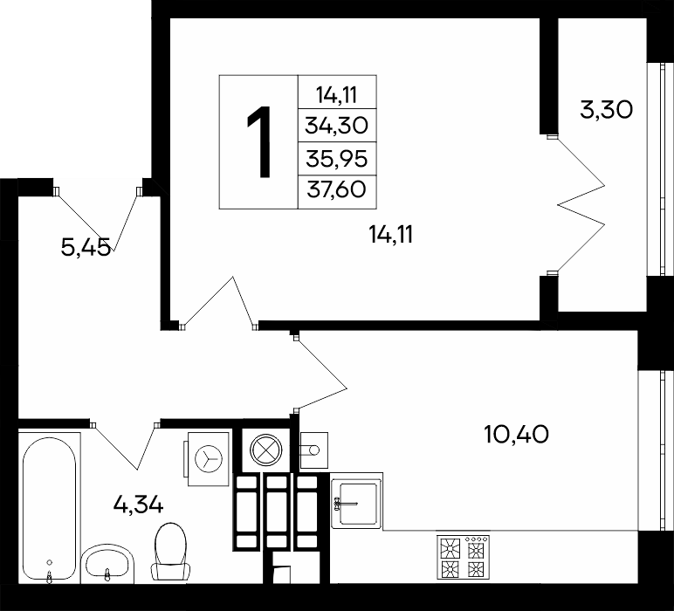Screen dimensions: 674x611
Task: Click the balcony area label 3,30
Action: click(x=606, y=110)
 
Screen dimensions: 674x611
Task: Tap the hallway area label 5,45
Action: click(x=86, y=247)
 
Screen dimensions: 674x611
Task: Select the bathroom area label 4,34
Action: click(x=138, y=504)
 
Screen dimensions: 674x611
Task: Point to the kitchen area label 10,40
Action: click(x=516, y=434)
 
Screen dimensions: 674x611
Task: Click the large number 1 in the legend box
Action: click(x=259, y=141)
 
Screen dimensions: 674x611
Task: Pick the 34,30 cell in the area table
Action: click(x=337, y=126)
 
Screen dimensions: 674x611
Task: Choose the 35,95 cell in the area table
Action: click(x=337, y=159)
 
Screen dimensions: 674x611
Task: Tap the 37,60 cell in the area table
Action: click(x=337, y=192)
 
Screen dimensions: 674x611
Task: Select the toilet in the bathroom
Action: click(x=170, y=553)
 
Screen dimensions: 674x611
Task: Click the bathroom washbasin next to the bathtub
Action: click(x=107, y=564)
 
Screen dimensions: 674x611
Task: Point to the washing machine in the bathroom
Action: click(x=207, y=458)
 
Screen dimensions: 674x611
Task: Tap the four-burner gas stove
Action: click(x=464, y=556)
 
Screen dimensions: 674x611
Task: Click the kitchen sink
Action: click(x=356, y=500)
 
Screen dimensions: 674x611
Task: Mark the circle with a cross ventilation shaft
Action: click(x=266, y=450)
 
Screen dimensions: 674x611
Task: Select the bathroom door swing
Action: click(x=125, y=445)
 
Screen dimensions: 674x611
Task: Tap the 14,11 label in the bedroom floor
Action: click(x=391, y=235)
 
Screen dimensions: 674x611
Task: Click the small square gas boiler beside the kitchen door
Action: click(x=313, y=450)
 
